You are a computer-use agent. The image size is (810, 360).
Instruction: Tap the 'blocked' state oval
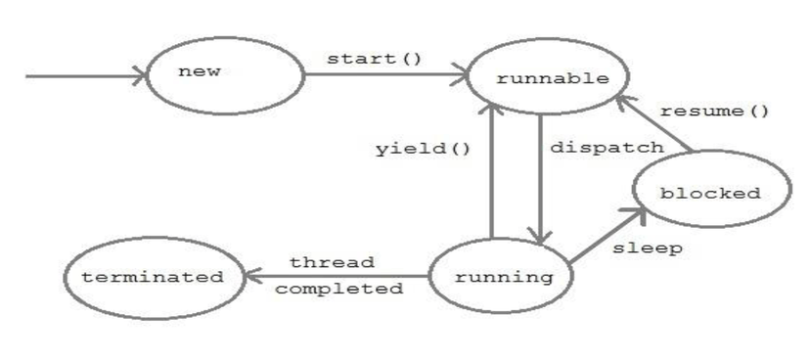710,193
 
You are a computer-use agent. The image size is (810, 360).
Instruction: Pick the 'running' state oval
503,277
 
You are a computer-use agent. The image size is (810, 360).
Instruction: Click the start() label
375,59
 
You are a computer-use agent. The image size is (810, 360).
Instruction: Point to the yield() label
423,149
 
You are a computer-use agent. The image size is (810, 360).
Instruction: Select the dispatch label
607,147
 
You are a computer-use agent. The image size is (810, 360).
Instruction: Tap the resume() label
714,111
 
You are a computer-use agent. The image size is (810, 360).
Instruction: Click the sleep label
647,248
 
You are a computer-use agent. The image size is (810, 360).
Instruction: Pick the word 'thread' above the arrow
332,262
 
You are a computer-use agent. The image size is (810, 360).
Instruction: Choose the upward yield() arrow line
492,176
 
